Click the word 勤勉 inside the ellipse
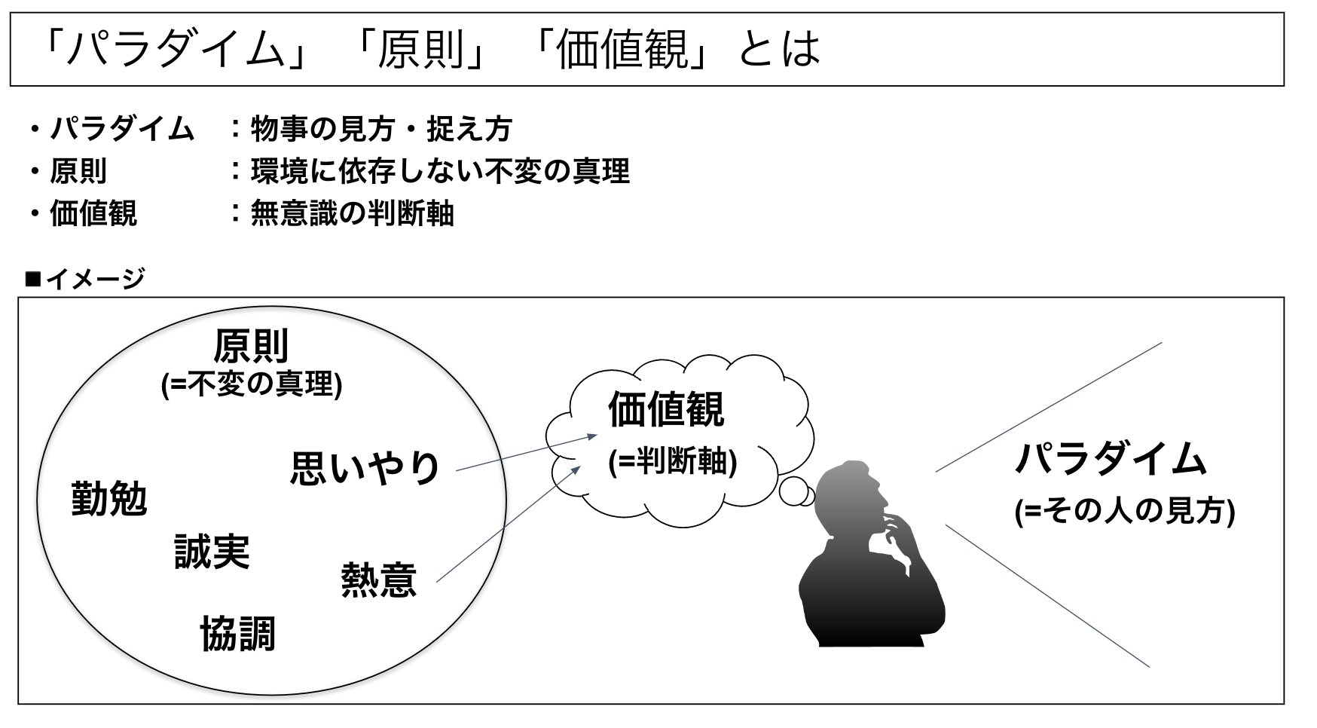click(108, 499)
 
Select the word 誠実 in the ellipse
click(212, 552)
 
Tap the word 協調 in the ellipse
click(237, 634)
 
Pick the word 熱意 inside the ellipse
click(378, 580)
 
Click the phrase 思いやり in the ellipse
click(365, 468)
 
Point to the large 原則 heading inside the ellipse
click(251, 347)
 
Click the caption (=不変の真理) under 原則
click(252, 385)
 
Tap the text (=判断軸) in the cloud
click(672, 460)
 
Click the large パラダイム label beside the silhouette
click(1111, 459)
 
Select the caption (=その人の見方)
click(1124, 512)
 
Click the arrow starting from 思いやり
click(527, 453)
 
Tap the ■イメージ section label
click(84, 279)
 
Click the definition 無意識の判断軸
click(352, 214)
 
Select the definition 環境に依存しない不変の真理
click(439, 171)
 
